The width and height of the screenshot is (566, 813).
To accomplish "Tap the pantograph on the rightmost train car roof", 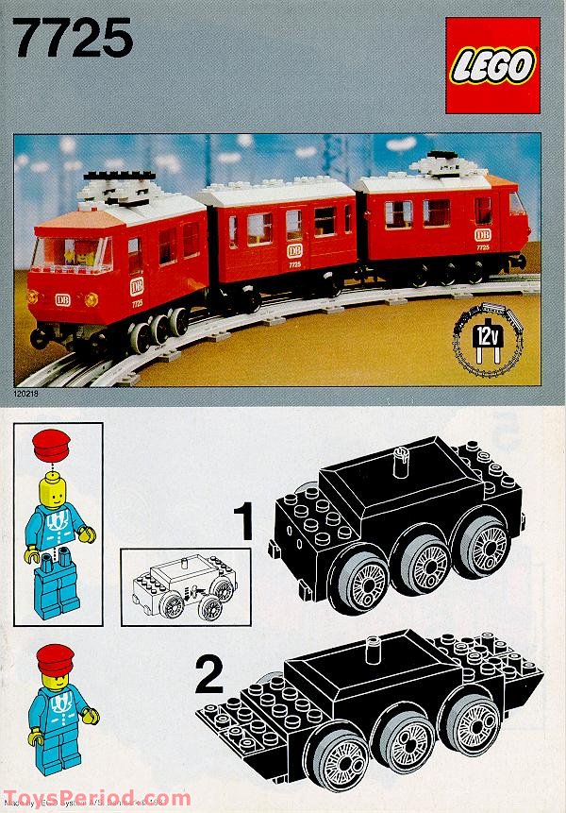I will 441,164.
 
